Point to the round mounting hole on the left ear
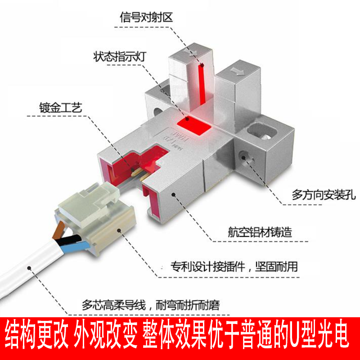pos(157,111)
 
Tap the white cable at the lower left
pos(27,270)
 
